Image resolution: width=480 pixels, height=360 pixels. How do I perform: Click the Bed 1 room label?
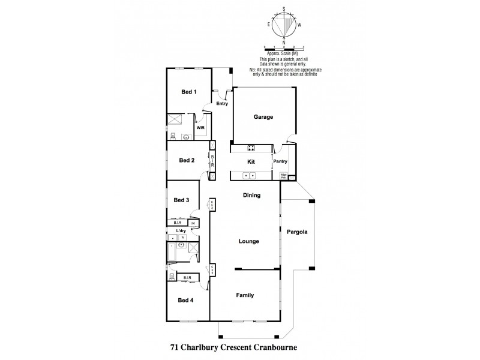pyautogui.click(x=189, y=92)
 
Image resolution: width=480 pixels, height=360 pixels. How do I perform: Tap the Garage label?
pyautogui.click(x=263, y=117)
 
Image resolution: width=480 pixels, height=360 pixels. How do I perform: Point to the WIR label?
pyautogui.click(x=200, y=127)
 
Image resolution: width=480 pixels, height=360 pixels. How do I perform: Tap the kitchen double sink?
pyautogui.click(x=249, y=175)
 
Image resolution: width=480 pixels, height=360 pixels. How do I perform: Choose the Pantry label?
pyautogui.click(x=279, y=161)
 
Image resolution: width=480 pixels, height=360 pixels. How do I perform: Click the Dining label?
pyautogui.click(x=251, y=195)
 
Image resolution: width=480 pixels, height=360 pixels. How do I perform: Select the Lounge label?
pyautogui.click(x=248, y=241)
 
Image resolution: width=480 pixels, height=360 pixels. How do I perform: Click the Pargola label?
pyautogui.click(x=297, y=232)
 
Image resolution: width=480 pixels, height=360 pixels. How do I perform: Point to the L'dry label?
pyautogui.click(x=181, y=231)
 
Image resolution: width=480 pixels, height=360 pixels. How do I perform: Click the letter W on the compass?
pyautogui.click(x=299, y=25)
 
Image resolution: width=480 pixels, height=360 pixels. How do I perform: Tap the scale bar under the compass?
pyautogui.click(x=284, y=49)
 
